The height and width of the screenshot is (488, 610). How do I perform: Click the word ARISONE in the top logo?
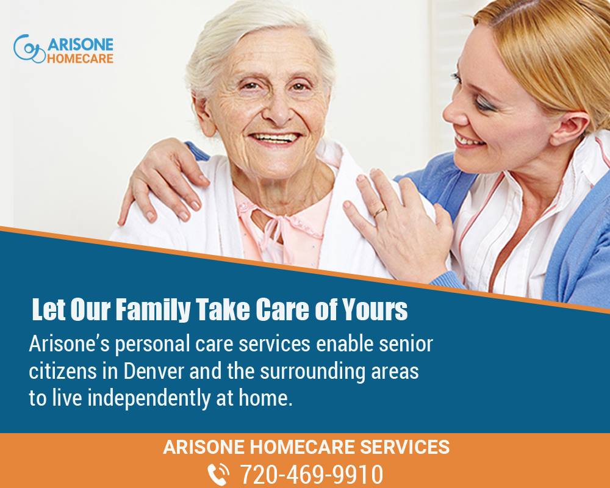coord(80,45)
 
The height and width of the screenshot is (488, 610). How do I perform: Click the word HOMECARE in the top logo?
coord(80,59)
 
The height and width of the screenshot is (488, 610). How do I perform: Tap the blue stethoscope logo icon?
coord(29,49)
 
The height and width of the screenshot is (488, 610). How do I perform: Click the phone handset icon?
coord(218,475)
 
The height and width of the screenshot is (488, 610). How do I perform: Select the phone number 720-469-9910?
coord(312,474)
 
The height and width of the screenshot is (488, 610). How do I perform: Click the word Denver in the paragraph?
coord(154,371)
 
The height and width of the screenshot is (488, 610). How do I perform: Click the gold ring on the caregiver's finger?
coord(379,212)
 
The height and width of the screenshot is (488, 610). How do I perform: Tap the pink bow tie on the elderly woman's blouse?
coord(272,228)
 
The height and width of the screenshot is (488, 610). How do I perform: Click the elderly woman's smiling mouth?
coord(275,138)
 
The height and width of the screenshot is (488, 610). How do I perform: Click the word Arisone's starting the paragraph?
coord(70,344)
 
